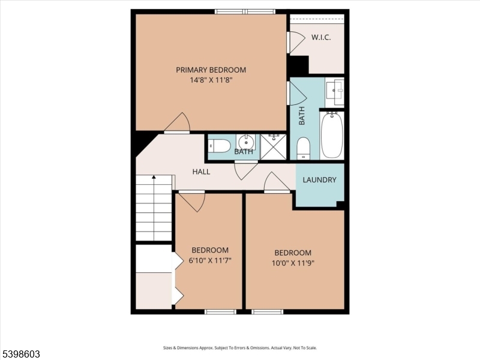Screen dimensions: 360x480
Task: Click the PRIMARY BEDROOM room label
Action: click(x=211, y=70)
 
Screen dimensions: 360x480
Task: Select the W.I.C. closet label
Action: click(x=320, y=37)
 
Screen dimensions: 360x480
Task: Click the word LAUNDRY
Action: click(x=319, y=180)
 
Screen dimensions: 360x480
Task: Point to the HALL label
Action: click(x=201, y=172)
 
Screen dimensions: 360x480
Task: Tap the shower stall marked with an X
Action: click(x=273, y=146)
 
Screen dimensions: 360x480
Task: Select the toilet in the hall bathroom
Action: click(x=220, y=146)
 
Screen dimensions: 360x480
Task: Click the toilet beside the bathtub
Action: click(x=304, y=148)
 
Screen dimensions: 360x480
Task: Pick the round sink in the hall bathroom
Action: click(x=245, y=143)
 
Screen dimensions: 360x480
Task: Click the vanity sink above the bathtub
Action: click(x=334, y=91)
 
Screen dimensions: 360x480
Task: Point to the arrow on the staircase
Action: click(x=154, y=178)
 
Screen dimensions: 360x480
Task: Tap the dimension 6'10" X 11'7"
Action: click(x=210, y=260)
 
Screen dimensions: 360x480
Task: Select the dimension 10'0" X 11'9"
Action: click(x=293, y=263)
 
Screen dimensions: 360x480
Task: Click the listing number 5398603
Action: click(x=20, y=354)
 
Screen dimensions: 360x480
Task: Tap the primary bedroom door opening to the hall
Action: click(x=178, y=124)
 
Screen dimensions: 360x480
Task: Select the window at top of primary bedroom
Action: click(x=245, y=11)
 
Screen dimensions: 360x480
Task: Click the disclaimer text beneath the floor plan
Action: click(x=240, y=347)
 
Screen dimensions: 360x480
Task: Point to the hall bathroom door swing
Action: click(x=246, y=170)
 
